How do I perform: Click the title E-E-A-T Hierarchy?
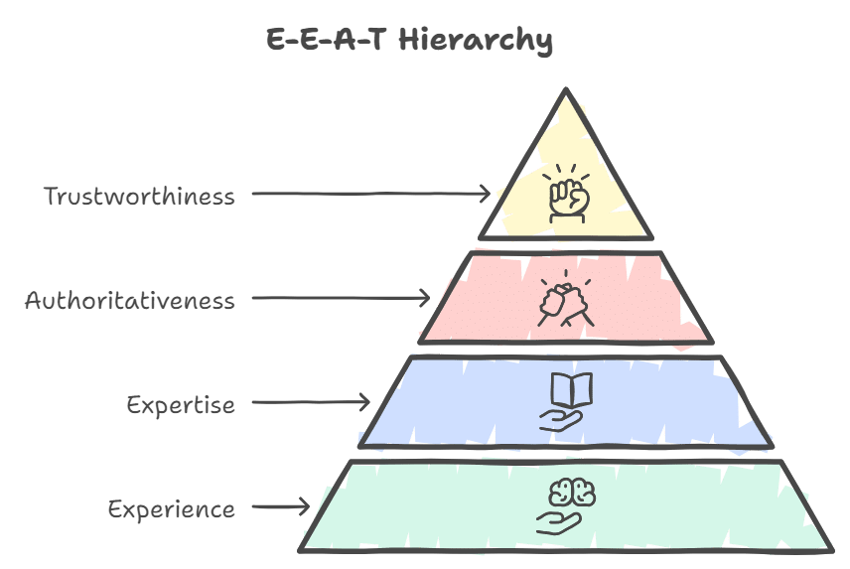click(408, 41)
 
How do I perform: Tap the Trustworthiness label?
click(140, 196)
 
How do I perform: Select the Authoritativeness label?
click(130, 300)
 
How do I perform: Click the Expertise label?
click(181, 405)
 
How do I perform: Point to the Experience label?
click(172, 510)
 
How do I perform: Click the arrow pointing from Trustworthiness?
click(370, 194)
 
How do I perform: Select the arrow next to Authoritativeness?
click(341, 298)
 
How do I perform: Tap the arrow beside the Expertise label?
click(310, 402)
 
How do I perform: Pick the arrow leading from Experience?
click(281, 507)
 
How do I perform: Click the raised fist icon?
click(569, 196)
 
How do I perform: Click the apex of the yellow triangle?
click(565, 91)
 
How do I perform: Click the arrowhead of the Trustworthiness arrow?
click(487, 194)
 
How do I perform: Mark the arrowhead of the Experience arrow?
click(304, 507)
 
